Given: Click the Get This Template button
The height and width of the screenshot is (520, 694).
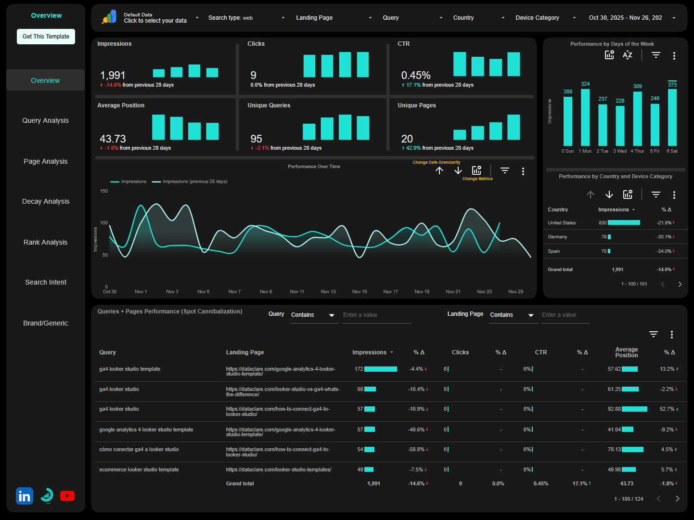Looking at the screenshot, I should pos(46,37).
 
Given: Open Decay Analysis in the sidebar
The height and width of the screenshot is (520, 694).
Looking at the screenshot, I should pos(46,201).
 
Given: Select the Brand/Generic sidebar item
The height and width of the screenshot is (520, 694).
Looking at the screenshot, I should pos(46,323).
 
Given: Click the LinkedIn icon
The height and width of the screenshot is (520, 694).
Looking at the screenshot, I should pos(25,496).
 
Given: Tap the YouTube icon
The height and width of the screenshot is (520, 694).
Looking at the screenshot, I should pos(67,496).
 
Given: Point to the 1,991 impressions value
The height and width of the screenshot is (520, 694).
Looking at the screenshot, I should pos(113,76).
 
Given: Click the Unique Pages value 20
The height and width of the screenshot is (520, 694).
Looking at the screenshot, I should pos(407,139).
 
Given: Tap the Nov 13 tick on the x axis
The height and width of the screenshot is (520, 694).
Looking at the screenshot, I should pos(328,292).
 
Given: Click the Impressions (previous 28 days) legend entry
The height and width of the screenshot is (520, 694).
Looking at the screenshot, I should pos(194,182).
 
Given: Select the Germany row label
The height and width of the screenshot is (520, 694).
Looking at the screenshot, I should pos(557,237).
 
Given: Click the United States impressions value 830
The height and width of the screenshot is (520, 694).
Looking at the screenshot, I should pos(602,223).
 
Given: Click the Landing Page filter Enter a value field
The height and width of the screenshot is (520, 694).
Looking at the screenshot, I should pos(565,315).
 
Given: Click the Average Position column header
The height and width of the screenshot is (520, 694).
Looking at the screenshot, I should pos(626,352).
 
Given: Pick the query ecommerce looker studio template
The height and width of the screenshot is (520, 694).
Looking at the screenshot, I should pos(139,470).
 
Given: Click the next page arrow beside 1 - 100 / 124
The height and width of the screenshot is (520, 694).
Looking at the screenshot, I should pos(677,499).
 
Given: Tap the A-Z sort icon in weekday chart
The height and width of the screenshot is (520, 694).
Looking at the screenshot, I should pos(627,55).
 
